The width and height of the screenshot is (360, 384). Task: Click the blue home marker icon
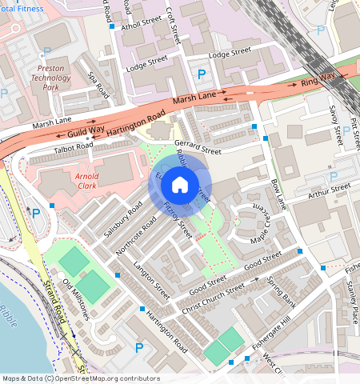(x=180, y=186)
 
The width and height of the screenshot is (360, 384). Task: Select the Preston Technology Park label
(x=51, y=78)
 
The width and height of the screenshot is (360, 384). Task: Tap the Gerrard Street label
(x=196, y=146)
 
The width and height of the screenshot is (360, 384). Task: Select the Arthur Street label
(x=330, y=190)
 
